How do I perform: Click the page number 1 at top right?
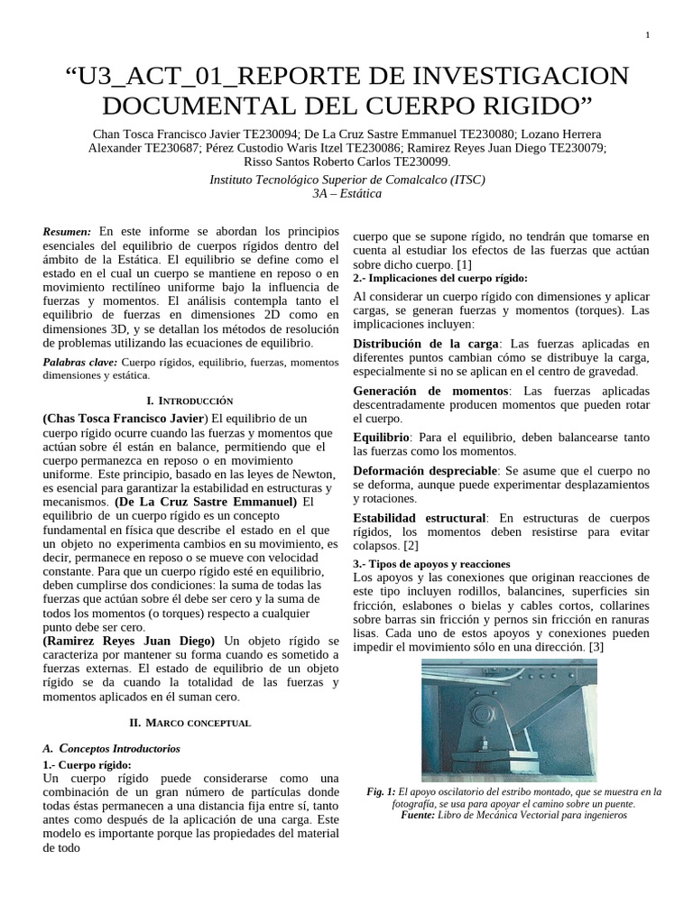pos(648,35)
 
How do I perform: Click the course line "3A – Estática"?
pos(346,194)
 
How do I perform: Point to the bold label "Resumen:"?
pos(67,232)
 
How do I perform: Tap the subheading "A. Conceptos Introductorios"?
pos(112,749)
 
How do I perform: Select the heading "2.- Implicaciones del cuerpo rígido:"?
pos(440,279)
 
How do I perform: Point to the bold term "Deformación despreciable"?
pos(424,471)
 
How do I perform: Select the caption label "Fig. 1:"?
pos(383,791)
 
